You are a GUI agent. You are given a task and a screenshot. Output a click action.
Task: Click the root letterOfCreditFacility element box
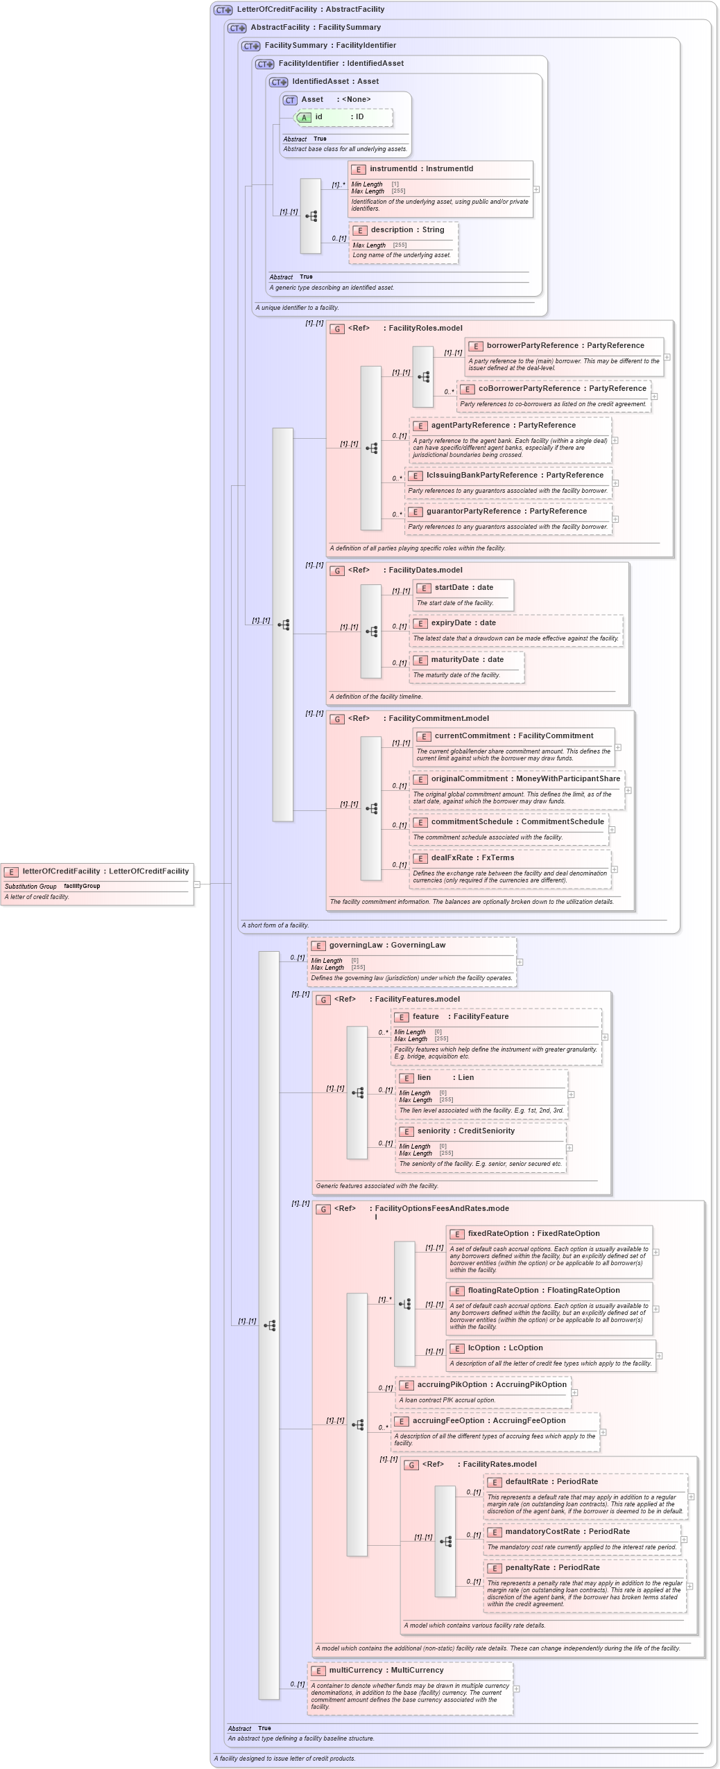point(97,872)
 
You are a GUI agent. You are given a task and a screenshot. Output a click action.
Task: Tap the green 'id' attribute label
point(318,117)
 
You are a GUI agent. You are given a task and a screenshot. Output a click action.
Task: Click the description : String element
point(407,230)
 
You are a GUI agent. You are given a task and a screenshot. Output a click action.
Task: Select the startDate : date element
point(463,588)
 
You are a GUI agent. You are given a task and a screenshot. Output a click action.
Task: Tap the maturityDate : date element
point(467,660)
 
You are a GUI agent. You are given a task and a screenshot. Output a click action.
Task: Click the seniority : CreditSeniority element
point(465,1131)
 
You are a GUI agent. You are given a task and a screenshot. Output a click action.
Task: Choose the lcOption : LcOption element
point(505,1348)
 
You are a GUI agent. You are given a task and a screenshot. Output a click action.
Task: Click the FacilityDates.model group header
point(425,570)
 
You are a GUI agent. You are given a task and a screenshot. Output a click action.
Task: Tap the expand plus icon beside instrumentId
point(536,189)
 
